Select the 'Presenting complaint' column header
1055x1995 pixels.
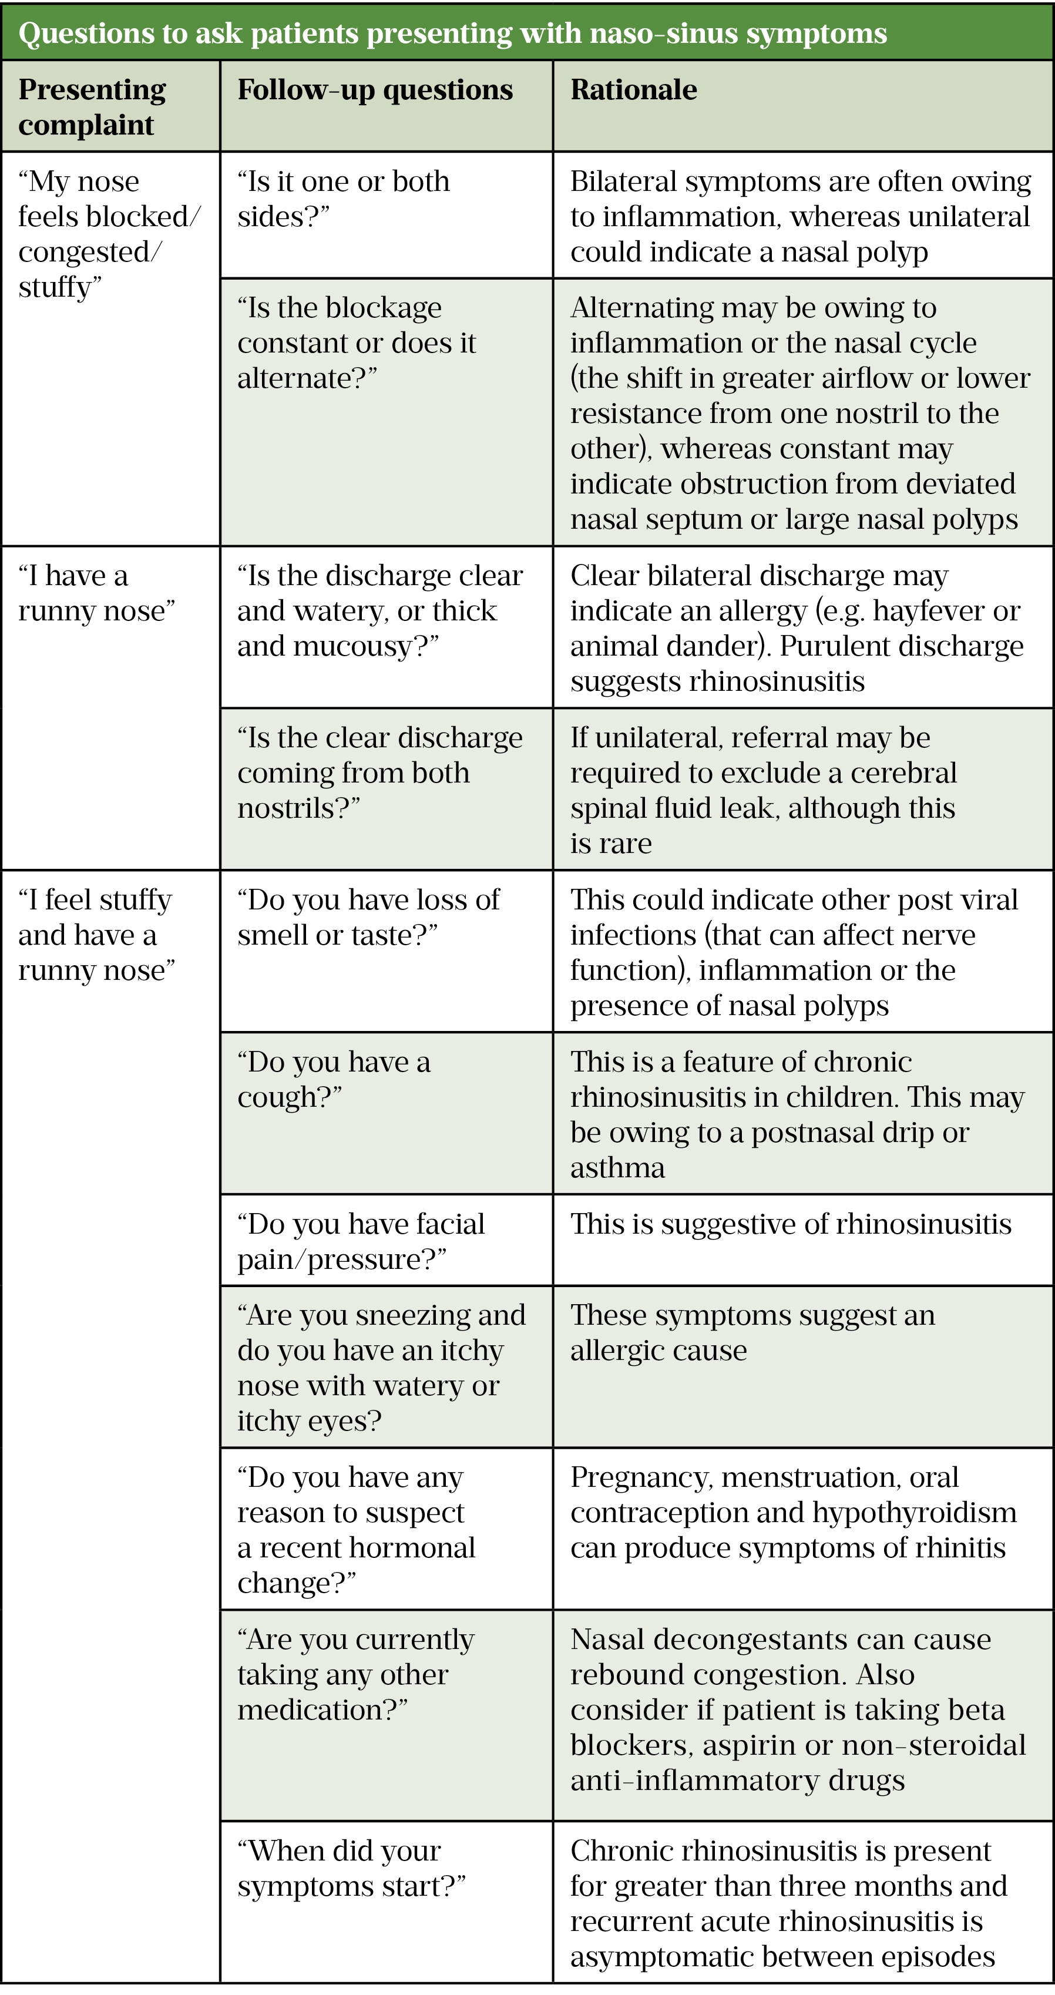(92, 107)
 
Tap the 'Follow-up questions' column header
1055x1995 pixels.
(375, 90)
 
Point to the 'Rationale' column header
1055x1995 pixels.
(634, 90)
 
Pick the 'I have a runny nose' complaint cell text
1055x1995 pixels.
(96, 593)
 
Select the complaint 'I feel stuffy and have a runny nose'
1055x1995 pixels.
(96, 935)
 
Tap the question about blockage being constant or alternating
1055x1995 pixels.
(357, 342)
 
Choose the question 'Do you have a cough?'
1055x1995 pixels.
(333, 1079)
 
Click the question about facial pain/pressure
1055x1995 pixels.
(360, 1241)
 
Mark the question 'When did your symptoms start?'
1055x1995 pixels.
(351, 1868)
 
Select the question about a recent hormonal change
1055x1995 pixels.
(355, 1530)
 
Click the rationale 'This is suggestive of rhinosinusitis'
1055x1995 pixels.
(791, 1224)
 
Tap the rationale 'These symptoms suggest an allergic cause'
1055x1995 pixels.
(752, 1333)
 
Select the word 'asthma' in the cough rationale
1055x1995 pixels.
(617, 1167)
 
